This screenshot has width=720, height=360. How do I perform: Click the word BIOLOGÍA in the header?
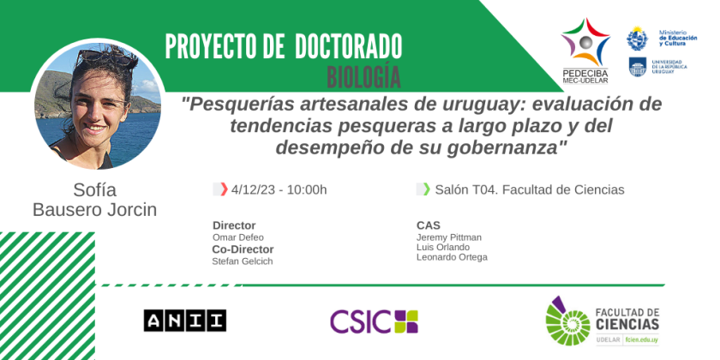[363, 76]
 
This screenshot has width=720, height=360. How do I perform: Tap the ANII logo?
[184, 320]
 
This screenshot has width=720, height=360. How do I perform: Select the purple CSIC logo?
[374, 321]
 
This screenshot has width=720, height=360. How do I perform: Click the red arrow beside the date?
[224, 189]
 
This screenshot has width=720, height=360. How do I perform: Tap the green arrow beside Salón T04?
[427, 189]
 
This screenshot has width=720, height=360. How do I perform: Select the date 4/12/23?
[255, 189]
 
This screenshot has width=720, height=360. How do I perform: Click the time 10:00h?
[307, 189]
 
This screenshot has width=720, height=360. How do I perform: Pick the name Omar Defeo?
[238, 237]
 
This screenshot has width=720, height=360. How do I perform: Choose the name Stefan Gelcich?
[242, 261]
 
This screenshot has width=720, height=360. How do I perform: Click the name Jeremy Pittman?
[449, 237]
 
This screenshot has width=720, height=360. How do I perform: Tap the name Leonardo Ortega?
[452, 257]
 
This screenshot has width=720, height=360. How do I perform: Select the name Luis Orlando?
[443, 248]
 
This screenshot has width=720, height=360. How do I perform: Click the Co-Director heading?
[243, 249]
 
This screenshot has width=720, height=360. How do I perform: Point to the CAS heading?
[429, 225]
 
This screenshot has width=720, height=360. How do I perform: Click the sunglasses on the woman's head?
[105, 57]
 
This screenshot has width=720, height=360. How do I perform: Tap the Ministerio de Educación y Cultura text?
[678, 38]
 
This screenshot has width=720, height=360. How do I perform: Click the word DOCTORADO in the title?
[349, 46]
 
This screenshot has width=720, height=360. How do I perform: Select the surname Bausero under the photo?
[67, 210]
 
